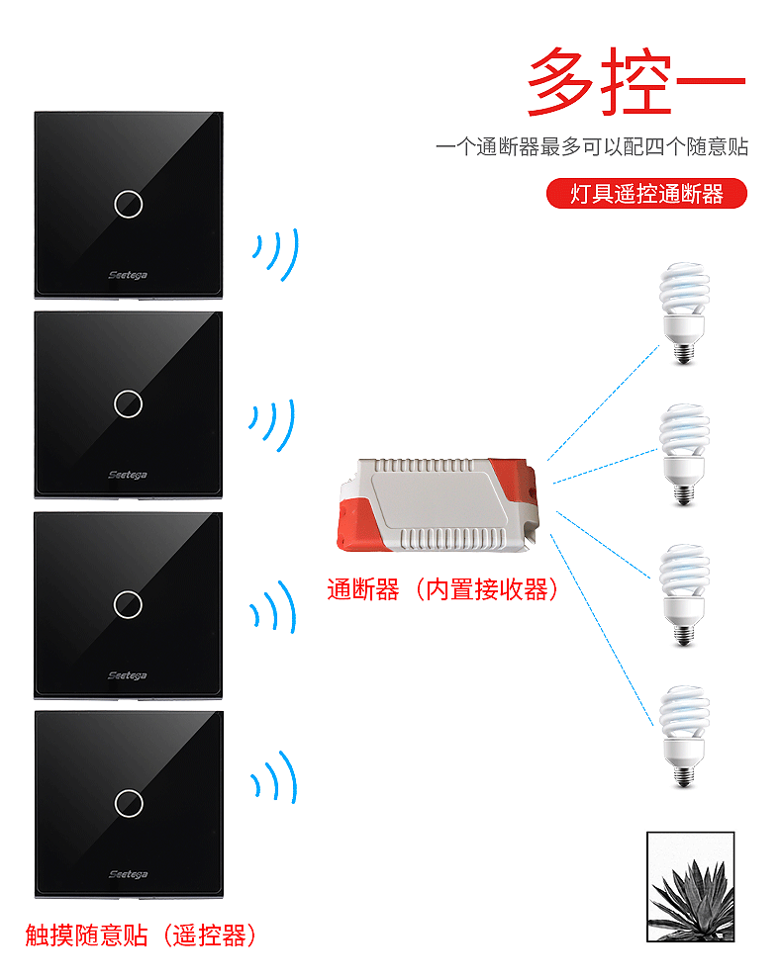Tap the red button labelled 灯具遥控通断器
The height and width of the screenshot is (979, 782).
pos(646,194)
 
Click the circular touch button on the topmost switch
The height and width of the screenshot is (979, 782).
pos(128,204)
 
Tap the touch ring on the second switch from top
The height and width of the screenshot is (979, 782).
pos(128,403)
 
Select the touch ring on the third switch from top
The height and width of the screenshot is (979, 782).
pos(128,604)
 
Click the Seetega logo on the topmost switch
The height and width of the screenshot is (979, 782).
pos(128,274)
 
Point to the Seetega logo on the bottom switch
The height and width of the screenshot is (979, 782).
pos(128,874)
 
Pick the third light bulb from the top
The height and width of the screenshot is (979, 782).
pos(684,590)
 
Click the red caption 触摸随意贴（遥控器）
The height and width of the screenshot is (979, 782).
pos(141,935)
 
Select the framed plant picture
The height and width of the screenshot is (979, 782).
pos(690,887)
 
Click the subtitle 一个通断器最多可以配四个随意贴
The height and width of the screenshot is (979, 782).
pos(592,147)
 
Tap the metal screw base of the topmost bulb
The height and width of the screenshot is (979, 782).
pos(682,348)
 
